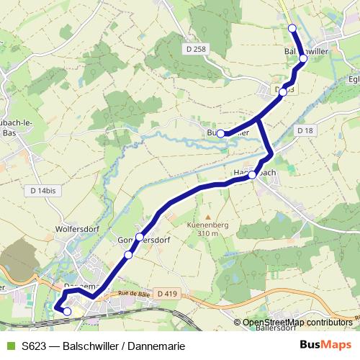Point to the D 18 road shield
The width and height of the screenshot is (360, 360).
pos(305,130)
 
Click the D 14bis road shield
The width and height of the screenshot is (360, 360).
pos(44,190)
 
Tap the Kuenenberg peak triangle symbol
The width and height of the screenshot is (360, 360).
pos(207,216)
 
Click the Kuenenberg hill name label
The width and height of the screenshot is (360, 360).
pos(207,225)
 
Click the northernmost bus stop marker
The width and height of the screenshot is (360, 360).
pos(292,28)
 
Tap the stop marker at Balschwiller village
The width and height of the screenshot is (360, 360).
pos(303,59)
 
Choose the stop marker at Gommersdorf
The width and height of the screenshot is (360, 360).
pos(128,255)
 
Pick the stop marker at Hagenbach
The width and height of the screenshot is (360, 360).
pos(253,175)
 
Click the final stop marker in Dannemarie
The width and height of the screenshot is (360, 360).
pos(67,312)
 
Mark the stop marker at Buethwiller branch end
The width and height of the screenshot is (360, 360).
pos(220,133)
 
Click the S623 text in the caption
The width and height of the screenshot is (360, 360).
pos(34,346)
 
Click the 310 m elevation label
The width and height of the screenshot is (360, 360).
pos(207,234)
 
